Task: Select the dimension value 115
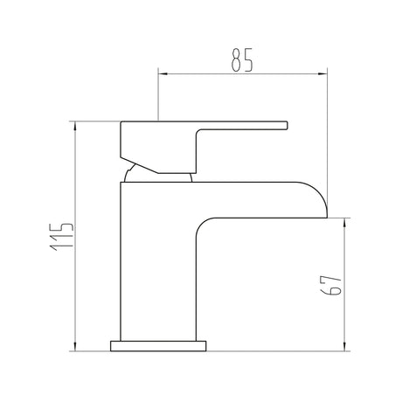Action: coord(62,237)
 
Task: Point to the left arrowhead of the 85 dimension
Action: coord(162,77)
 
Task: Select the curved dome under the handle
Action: coord(157,175)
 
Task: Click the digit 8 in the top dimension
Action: coord(236,61)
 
